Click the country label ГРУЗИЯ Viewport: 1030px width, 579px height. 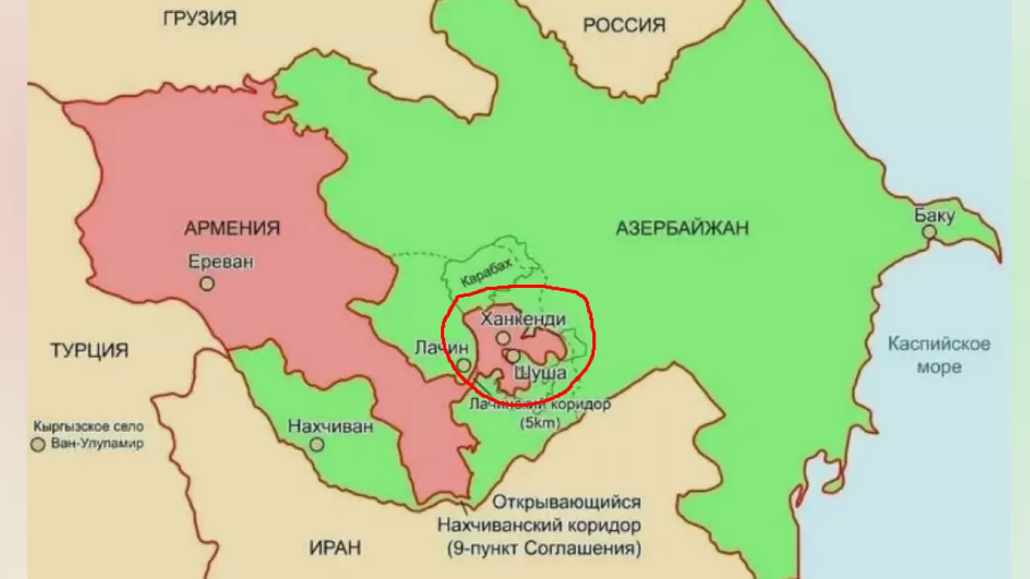pyautogui.click(x=200, y=18)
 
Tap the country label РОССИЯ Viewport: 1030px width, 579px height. pyautogui.click(x=624, y=25)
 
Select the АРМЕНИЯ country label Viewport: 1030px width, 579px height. pyautogui.click(x=232, y=228)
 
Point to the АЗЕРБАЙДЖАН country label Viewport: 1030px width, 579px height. pyautogui.click(x=682, y=228)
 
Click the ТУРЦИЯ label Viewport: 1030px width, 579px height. pyautogui.click(x=89, y=351)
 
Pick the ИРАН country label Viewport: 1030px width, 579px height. pyautogui.click(x=335, y=548)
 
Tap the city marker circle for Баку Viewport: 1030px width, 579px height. pyautogui.click(x=929, y=232)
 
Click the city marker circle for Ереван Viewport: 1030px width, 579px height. pyautogui.click(x=207, y=283)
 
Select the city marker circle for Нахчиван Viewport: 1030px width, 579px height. pyautogui.click(x=317, y=444)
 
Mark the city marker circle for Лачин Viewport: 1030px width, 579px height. pyautogui.click(x=464, y=365)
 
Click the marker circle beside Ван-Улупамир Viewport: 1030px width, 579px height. pyautogui.click(x=38, y=444)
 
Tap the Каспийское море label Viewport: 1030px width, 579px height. pyautogui.click(x=939, y=355)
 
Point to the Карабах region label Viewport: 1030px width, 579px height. pyautogui.click(x=486, y=274)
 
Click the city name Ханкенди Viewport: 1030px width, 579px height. pyautogui.click(x=522, y=319)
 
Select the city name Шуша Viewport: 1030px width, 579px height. pyautogui.click(x=540, y=373)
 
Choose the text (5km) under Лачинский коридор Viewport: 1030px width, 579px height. pyautogui.click(x=540, y=422)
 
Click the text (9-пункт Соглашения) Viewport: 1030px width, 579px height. pyautogui.click(x=544, y=549)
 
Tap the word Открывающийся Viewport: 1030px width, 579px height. pyautogui.click(x=566, y=503)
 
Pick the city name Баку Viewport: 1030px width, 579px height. pyautogui.click(x=934, y=215)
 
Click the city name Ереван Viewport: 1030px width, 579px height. pyautogui.click(x=220, y=261)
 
